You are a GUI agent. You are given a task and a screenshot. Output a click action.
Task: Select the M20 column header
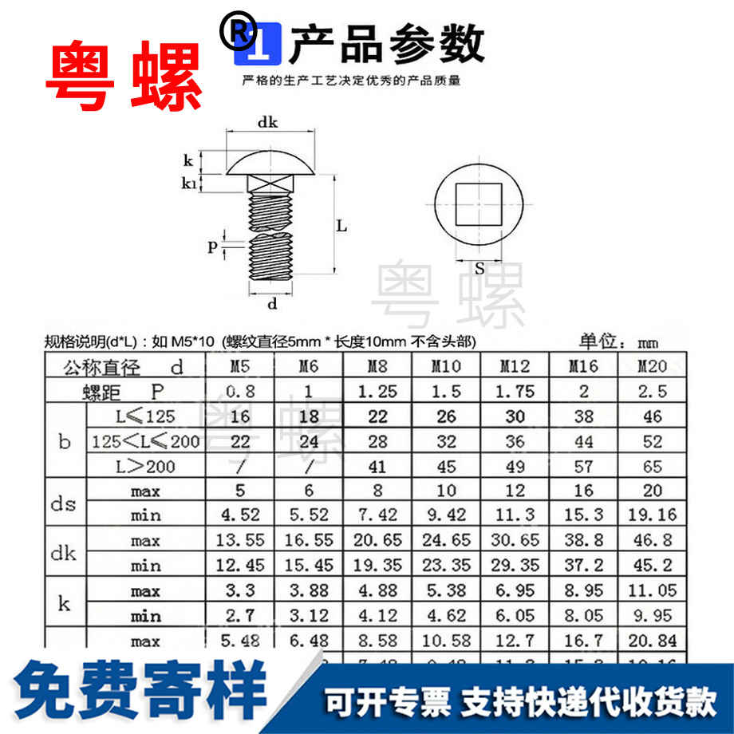653,368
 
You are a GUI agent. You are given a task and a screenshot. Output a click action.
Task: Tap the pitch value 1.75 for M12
515,393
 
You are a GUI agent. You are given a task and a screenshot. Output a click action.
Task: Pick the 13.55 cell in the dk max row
240,541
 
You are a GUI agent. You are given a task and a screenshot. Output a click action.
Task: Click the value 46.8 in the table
653,541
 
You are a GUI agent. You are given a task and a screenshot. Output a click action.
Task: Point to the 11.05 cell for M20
653,591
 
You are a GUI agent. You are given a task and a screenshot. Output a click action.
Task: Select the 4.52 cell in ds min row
240,515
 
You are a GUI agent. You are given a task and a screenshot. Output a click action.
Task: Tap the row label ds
64,503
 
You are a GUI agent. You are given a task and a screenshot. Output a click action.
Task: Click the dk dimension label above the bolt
267,122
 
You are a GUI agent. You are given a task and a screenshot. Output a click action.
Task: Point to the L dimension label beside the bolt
341,226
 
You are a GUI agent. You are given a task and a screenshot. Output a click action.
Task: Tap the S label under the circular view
479,269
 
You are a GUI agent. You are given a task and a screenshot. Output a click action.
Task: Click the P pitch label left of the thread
212,247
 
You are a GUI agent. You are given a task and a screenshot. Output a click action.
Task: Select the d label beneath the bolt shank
272,303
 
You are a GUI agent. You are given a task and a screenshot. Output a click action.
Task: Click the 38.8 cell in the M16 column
585,541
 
